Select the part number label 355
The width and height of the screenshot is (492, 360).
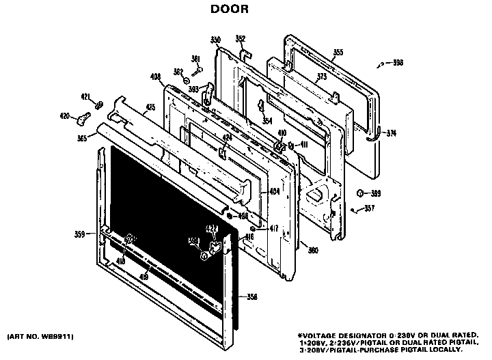coord(338,51)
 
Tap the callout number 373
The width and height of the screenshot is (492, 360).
coord(321,77)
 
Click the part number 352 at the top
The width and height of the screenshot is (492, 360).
coord(241,38)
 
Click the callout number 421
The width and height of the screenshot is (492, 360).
coord(85,96)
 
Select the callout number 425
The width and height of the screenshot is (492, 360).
coord(150,107)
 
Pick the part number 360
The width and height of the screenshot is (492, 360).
coord(313,251)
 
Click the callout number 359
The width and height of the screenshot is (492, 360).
coord(79,234)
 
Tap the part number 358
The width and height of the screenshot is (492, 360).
coord(251,296)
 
